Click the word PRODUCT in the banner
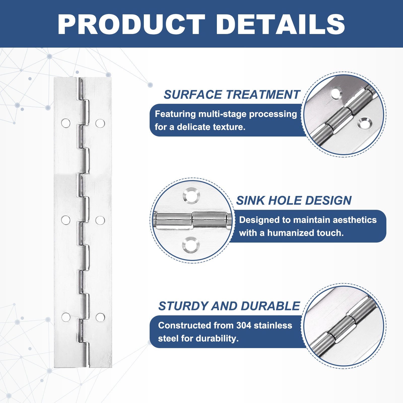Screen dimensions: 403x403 (x=131, y=24)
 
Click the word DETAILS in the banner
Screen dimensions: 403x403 (x=280, y=24)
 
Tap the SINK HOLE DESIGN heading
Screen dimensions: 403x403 (x=294, y=200)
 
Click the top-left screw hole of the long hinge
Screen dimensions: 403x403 (x=66, y=123)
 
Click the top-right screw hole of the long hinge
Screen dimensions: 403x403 (x=100, y=123)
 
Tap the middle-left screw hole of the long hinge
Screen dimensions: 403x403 (x=66, y=220)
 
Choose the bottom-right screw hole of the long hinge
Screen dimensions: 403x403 (x=100, y=318)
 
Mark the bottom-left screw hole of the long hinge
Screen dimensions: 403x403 (x=66, y=317)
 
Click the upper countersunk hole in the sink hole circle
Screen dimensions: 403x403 (x=191, y=196)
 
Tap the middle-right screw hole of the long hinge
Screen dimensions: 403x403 (x=100, y=220)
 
